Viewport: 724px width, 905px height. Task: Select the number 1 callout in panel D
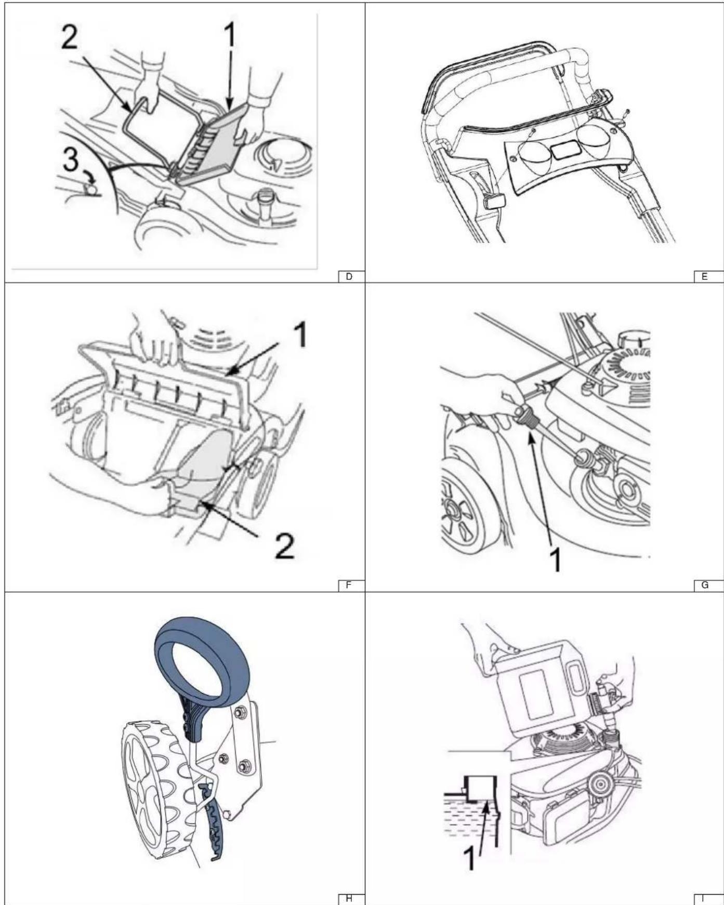[x=229, y=36]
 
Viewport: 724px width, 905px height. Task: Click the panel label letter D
[x=349, y=277]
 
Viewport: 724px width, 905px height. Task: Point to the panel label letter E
[x=705, y=277]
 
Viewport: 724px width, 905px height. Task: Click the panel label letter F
[x=349, y=585]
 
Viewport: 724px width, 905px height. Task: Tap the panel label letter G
[x=705, y=585]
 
